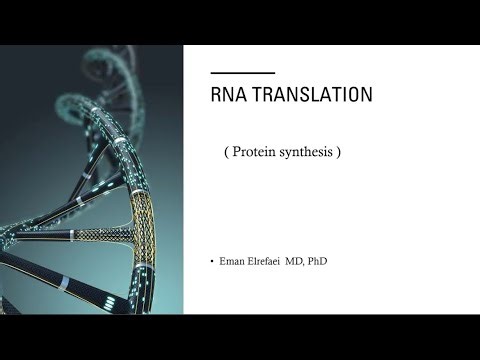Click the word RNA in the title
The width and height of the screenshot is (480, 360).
[x=229, y=95]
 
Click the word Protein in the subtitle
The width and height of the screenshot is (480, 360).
[x=258, y=153]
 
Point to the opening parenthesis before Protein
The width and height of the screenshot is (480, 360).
[x=229, y=153]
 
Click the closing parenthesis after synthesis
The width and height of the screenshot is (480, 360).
[x=341, y=153]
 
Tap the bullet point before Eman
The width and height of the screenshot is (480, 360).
[x=213, y=262]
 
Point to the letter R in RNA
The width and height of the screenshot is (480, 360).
[x=217, y=95]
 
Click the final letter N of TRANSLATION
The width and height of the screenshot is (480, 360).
[x=367, y=95]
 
